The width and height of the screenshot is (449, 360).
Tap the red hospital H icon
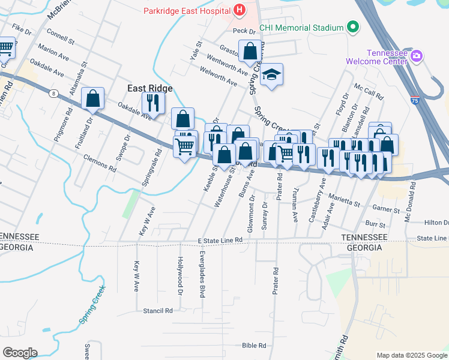240,10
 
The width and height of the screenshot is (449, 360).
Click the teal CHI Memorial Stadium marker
352,28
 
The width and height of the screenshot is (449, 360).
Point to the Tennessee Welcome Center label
376,57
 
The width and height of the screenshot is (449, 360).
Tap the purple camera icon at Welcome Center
417,56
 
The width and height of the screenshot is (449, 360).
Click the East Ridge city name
149,88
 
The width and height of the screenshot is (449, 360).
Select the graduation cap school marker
272,75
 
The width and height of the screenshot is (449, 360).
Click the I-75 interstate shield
415,99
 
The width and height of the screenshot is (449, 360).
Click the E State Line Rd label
220,240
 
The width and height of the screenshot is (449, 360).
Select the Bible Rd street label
253,345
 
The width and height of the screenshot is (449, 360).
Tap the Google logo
20,353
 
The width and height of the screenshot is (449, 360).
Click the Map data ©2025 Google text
411,355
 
